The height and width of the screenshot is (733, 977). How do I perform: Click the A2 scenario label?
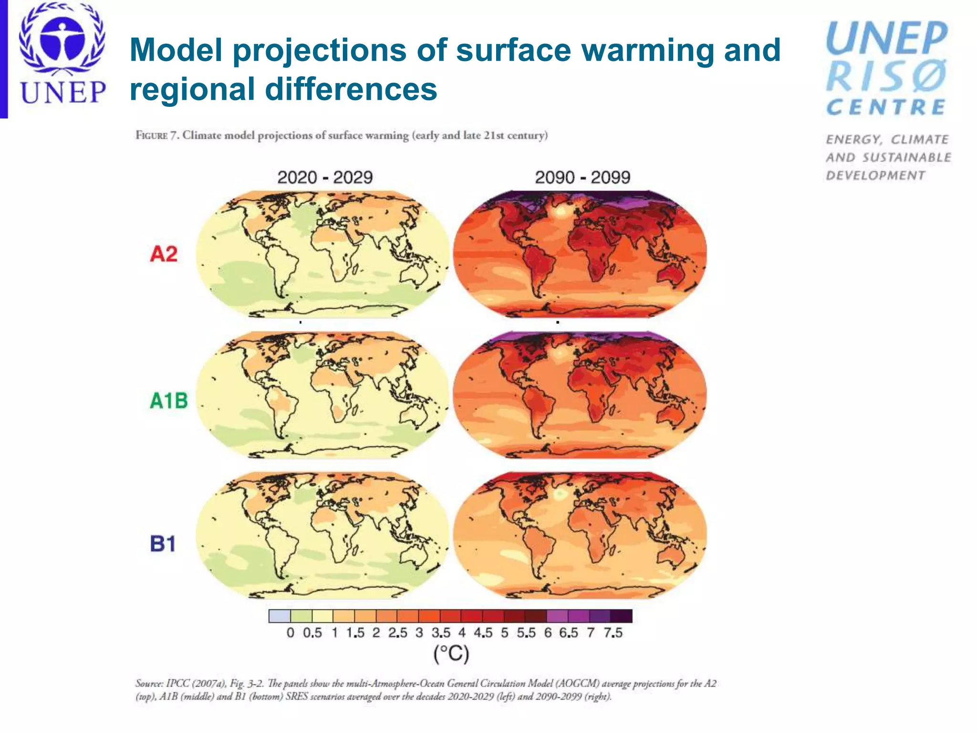[x=164, y=253]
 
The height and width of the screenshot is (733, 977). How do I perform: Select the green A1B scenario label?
[x=169, y=400]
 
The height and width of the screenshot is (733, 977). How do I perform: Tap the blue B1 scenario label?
[x=163, y=544]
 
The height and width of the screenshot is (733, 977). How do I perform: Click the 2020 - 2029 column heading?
[x=325, y=178]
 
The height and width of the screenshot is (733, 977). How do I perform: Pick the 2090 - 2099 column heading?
[x=582, y=178]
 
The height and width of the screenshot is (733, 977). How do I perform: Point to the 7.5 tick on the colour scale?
[x=613, y=633]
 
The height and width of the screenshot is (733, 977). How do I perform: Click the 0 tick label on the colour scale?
[x=290, y=633]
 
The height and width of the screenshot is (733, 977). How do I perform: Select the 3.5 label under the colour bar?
[x=441, y=633]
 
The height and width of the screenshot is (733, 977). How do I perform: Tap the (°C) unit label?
[x=451, y=653]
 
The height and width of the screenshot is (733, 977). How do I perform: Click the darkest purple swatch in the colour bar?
[x=621, y=616]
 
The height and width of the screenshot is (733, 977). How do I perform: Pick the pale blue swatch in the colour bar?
[x=280, y=616]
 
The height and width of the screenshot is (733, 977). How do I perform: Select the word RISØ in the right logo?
[x=886, y=76]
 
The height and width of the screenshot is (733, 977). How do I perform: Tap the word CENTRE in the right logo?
[x=886, y=107]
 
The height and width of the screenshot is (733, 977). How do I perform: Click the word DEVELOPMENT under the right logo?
[x=875, y=176]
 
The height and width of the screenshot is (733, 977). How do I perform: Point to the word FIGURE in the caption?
[x=151, y=136]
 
